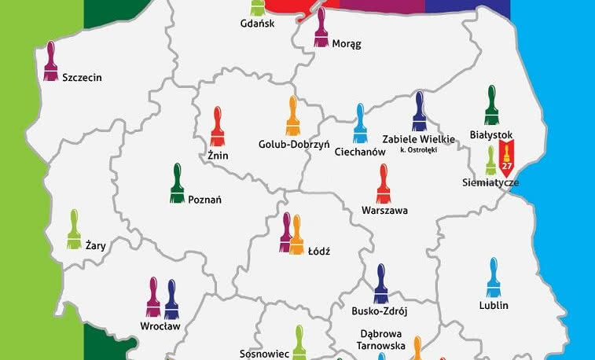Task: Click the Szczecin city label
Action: (x=82, y=78)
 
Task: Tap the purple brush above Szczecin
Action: (x=51, y=61)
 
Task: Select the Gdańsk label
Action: (x=257, y=24)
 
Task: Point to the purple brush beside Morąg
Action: (x=321, y=28)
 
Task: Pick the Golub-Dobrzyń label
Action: (x=293, y=144)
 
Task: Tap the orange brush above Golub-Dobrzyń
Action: (x=292, y=116)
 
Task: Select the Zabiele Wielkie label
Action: (x=418, y=139)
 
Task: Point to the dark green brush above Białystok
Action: (x=492, y=105)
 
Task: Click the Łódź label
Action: (x=318, y=252)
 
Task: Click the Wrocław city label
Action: (x=160, y=325)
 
